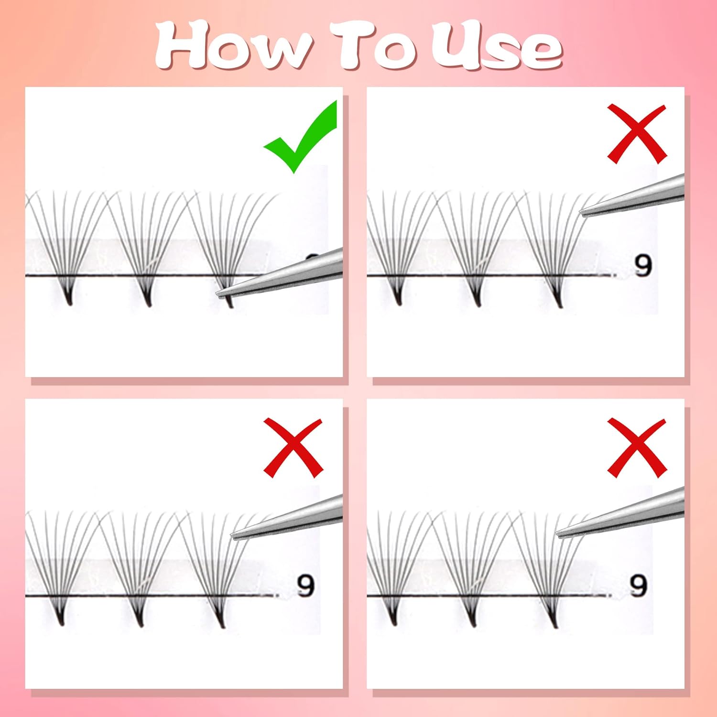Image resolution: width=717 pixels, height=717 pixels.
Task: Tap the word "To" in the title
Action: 378,45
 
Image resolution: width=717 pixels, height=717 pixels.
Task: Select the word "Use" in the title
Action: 497,45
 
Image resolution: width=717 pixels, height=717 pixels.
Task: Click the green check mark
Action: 300,136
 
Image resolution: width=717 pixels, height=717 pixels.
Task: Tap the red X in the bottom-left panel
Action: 293,448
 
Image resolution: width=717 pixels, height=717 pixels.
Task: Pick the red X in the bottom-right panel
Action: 637,448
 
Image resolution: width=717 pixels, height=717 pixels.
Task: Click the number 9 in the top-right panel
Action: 643,266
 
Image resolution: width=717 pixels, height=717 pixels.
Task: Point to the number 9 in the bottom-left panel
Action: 306,585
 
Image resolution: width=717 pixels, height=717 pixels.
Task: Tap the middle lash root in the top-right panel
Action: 476,293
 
